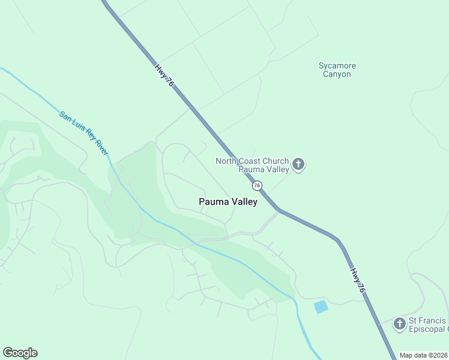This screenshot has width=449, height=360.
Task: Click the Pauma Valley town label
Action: click(x=228, y=202)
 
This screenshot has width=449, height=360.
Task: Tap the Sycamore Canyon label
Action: click(x=337, y=70)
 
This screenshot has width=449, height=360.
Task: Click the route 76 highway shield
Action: click(x=257, y=186)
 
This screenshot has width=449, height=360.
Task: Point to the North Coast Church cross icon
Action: click(x=298, y=164)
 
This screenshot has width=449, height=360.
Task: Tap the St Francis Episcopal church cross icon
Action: click(x=399, y=324)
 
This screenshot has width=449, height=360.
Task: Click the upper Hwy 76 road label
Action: click(x=164, y=76)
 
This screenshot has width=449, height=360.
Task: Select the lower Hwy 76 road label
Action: click(x=358, y=280)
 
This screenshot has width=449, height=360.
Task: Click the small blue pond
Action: click(x=321, y=307)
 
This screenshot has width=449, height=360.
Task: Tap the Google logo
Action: click(x=20, y=353)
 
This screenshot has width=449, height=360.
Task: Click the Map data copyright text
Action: click(x=424, y=355)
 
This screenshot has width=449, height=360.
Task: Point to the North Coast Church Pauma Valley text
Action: click(x=252, y=165)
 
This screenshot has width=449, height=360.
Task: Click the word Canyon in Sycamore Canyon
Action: click(x=337, y=74)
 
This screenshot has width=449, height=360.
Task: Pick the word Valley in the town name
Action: click(x=244, y=202)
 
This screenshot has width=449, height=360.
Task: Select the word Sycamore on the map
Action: click(x=337, y=65)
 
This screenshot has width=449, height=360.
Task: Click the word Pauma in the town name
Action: click(x=212, y=202)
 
